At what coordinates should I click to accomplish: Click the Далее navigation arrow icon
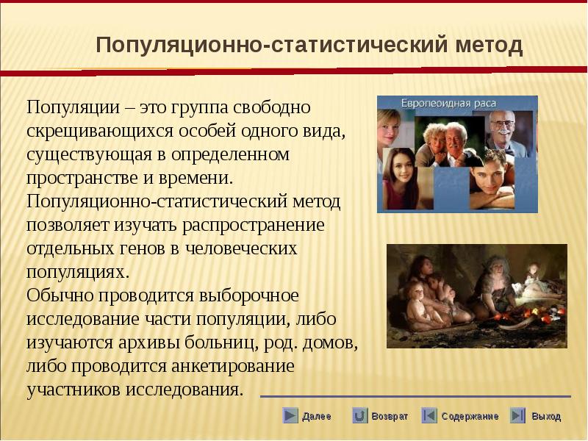click(290, 415)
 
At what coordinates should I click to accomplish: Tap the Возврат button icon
click(359, 415)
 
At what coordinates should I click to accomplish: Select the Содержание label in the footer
click(470, 416)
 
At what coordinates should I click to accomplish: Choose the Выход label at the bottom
click(546, 416)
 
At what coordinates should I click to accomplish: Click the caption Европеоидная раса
click(448, 104)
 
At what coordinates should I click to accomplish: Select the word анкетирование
click(233, 365)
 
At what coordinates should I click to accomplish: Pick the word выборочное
click(248, 295)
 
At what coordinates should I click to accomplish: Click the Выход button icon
click(518, 415)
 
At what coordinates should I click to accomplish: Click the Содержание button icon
click(429, 415)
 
